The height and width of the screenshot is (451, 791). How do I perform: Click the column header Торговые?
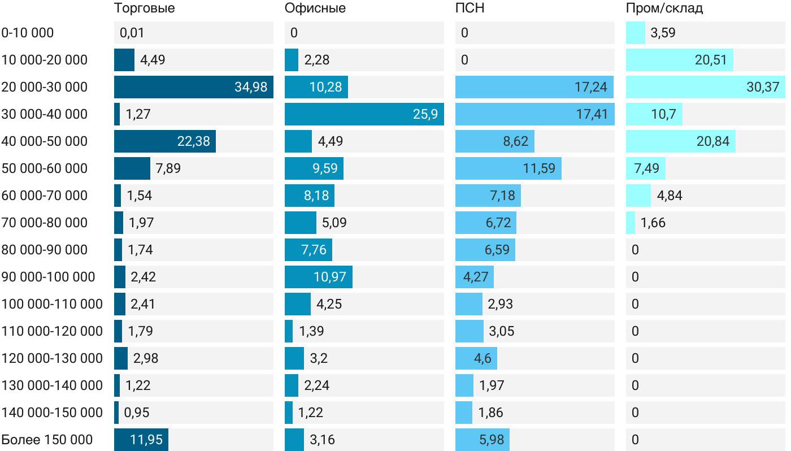coord(144,8)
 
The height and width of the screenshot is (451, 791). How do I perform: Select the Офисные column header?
coord(315,8)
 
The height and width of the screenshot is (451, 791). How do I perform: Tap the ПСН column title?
coord(470,8)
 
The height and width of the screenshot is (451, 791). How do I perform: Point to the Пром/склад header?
coord(664,8)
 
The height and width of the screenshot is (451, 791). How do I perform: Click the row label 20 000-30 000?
coord(45,87)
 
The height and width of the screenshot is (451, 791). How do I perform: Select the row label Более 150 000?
coord(47,440)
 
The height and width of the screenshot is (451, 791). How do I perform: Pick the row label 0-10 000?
coord(28,33)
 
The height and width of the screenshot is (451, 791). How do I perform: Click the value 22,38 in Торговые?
coord(194,141)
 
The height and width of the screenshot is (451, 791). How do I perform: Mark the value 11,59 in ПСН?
coord(539,168)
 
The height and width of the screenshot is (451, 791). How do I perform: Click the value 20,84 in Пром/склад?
coord(712,141)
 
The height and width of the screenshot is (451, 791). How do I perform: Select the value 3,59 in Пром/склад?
coord(663,33)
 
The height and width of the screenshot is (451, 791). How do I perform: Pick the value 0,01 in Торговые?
coord(132,33)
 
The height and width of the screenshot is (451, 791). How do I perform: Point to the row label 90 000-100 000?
coord(49,277)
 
